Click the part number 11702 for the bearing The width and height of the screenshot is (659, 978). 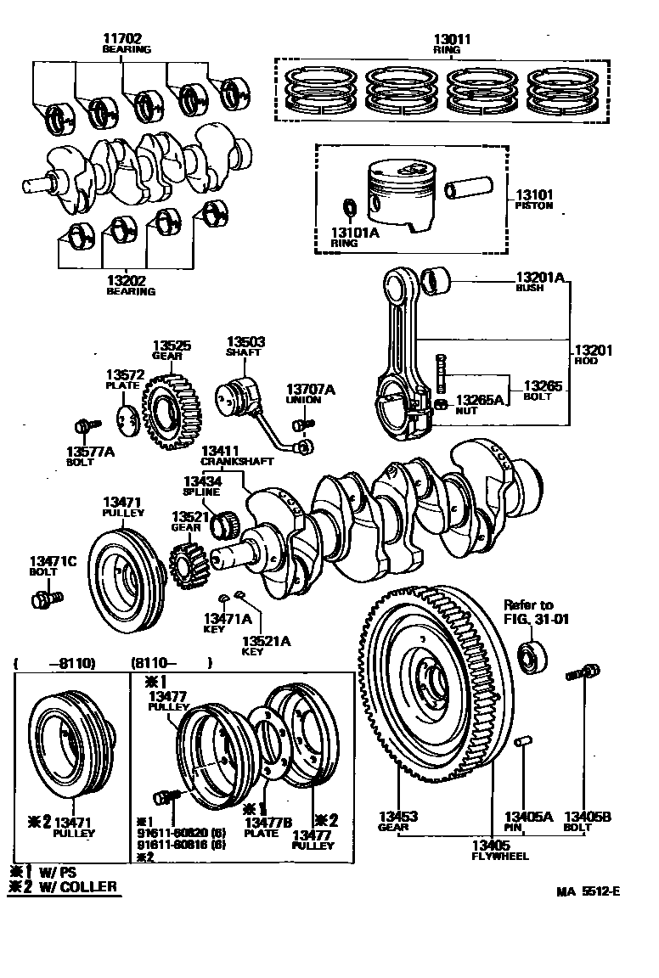(x=122, y=38)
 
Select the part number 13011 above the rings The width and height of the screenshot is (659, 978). (x=452, y=39)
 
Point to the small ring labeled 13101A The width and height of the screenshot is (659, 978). (x=348, y=207)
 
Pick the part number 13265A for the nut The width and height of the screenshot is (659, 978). (x=480, y=399)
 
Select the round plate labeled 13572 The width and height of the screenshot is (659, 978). (x=127, y=419)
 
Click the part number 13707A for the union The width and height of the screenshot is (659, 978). (x=310, y=389)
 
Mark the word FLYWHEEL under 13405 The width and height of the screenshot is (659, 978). (x=500, y=856)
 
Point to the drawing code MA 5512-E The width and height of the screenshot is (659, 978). (x=589, y=891)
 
